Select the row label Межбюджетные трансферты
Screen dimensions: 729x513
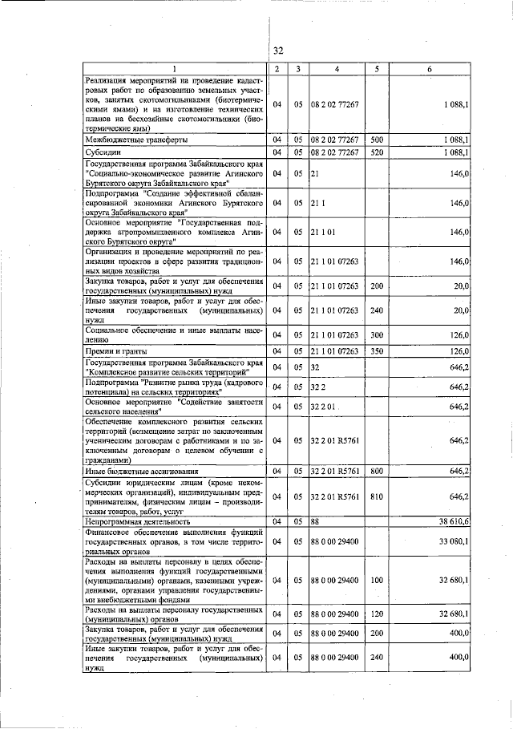pos(136,140)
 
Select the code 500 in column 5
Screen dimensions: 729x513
pos(375,140)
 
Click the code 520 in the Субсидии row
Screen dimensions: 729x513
pos(375,152)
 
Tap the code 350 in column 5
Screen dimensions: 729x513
pos(375,350)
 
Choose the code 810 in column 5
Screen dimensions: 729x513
pos(375,496)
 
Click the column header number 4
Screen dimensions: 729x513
pos(337,69)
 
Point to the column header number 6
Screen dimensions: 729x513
pos(430,69)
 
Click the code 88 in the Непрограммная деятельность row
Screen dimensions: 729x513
pos(315,521)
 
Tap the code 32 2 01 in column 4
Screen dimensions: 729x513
pos(323,407)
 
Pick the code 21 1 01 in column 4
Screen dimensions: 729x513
pos(323,233)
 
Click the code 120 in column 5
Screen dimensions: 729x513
pos(375,614)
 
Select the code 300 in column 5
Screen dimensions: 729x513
pos(375,334)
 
